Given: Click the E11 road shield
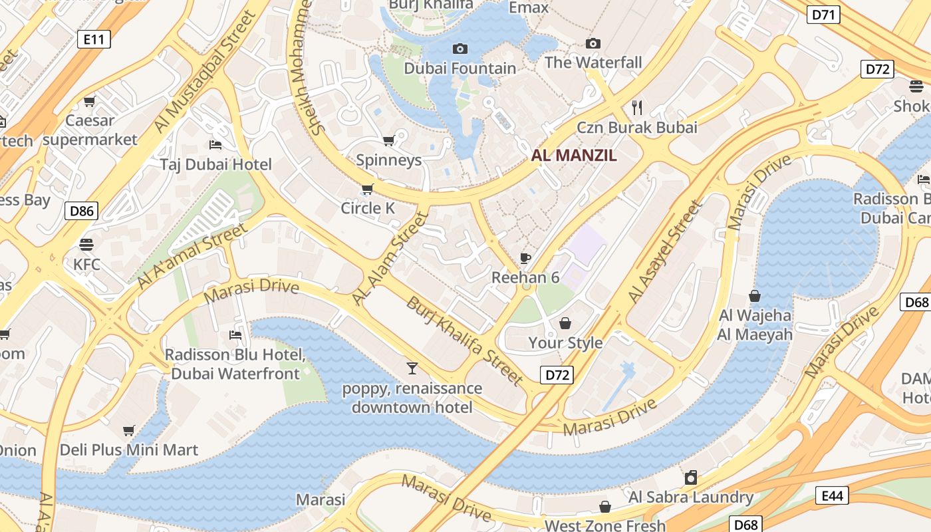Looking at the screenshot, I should tap(94, 39).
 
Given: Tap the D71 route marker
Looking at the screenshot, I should tap(823, 15).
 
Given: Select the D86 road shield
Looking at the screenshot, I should tap(82, 211).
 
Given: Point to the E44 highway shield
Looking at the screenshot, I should tap(832, 495).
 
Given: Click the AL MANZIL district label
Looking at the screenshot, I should tap(574, 156).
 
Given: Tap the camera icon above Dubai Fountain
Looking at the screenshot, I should tap(460, 49).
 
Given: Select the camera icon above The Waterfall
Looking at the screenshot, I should tap(593, 44).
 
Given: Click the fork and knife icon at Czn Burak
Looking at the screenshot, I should tap(637, 108).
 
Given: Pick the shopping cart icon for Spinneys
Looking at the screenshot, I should tap(389, 140).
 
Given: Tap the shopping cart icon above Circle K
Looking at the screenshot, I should tap(367, 189).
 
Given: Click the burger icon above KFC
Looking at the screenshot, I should tap(86, 244).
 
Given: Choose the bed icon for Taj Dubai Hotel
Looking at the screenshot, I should tap(215, 144).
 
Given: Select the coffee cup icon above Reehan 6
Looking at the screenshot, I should tap(525, 258).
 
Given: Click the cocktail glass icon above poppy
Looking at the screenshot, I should tap(412, 368).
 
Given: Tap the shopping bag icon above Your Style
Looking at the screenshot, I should tap(565, 323).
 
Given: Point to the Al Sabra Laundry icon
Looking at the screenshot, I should tap(691, 477).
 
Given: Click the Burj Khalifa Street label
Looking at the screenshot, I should tap(464, 341).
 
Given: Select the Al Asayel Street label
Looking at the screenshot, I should tap(664, 253).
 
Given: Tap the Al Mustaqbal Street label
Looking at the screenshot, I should tap(199, 74).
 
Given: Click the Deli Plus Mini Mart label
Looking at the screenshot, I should tap(129, 450).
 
